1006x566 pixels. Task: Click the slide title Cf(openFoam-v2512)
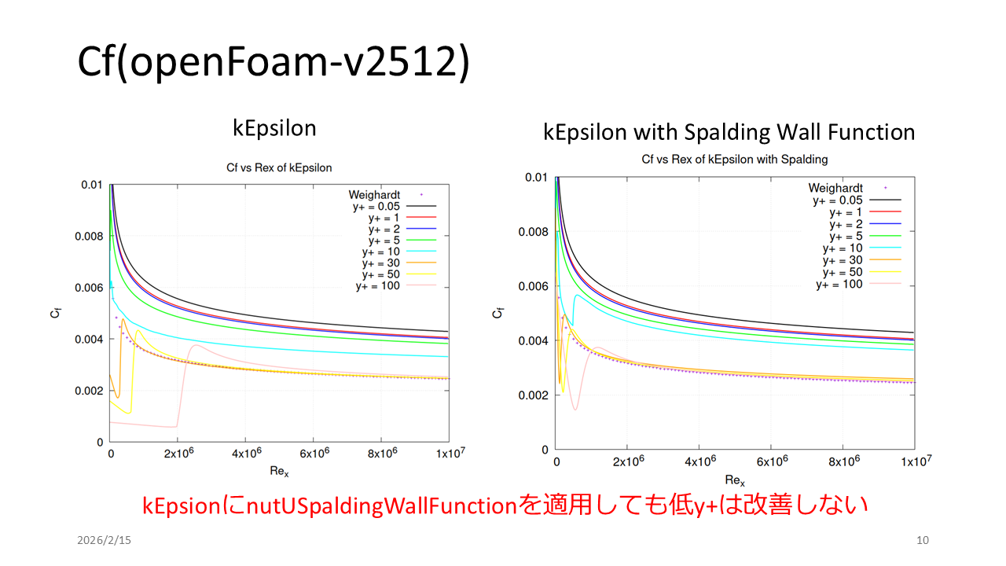click(x=274, y=62)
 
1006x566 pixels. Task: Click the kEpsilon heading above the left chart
click(x=274, y=129)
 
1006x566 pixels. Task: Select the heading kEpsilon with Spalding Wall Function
click(x=729, y=132)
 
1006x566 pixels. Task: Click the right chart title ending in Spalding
click(x=735, y=160)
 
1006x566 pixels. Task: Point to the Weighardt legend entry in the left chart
click(x=374, y=194)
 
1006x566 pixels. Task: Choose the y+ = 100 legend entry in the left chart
click(x=378, y=285)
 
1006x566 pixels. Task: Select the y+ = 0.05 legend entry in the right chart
click(x=838, y=200)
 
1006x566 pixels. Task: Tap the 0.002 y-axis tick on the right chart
click(x=534, y=395)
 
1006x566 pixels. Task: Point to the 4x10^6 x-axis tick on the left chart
click(x=245, y=455)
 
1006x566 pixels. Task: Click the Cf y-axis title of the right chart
click(x=497, y=313)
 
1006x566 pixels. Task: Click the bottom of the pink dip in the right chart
click(x=575, y=409)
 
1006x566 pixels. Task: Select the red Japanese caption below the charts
click(x=505, y=505)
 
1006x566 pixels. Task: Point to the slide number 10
click(x=923, y=540)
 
